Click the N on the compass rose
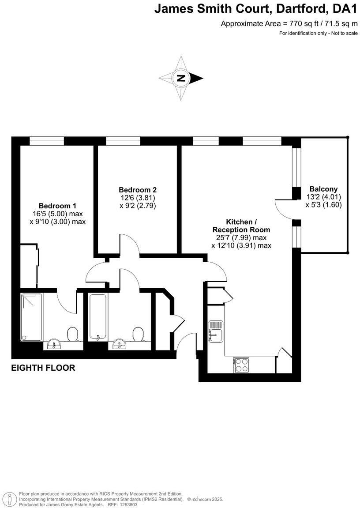(x=180, y=79)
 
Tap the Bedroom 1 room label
(x=57, y=206)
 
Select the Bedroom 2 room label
(x=138, y=190)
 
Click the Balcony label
(x=323, y=188)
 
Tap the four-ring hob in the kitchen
(x=241, y=365)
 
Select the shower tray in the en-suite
(x=31, y=317)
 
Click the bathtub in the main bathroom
(x=96, y=316)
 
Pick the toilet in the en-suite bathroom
(x=72, y=334)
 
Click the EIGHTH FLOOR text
(x=43, y=368)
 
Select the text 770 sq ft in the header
(x=304, y=24)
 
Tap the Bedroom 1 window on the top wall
(x=46, y=141)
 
